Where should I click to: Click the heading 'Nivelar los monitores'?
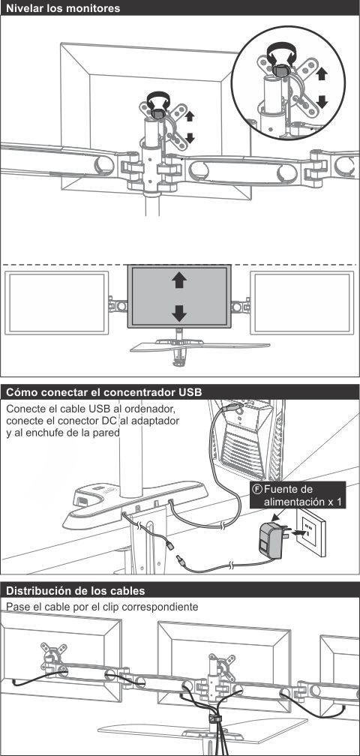point(63,8)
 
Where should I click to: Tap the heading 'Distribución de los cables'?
point(75,591)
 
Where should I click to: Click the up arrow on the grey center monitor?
point(179,280)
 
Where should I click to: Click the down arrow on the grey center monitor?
point(179,313)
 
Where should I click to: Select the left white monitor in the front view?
point(57,303)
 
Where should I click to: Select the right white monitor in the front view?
point(302,303)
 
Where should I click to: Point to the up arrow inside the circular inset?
point(322,73)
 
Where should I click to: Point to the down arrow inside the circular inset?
point(322,101)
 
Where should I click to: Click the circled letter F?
point(258,489)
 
